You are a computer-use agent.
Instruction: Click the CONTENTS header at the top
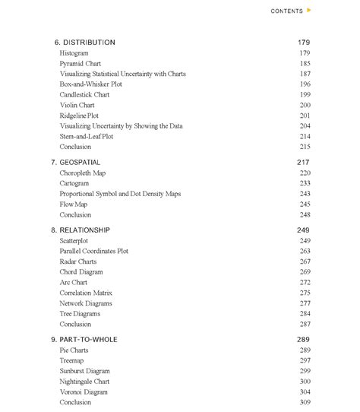286,11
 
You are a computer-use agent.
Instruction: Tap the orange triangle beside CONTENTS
308,11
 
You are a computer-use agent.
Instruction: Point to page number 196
305,84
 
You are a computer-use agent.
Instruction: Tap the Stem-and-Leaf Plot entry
86,136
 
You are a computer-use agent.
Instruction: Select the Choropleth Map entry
82,173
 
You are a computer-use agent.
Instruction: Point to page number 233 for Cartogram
305,183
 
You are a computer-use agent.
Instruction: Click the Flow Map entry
73,204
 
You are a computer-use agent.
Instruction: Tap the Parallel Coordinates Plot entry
93,251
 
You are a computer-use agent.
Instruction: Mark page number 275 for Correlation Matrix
305,293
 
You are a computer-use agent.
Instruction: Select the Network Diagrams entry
85,303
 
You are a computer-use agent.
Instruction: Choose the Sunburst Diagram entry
84,371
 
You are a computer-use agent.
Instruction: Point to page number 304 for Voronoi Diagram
305,392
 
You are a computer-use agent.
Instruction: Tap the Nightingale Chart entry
84,382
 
